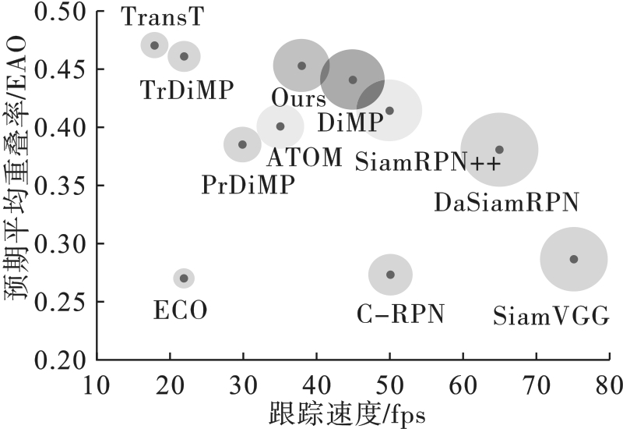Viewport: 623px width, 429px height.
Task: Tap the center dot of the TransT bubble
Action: pyautogui.click(x=154, y=45)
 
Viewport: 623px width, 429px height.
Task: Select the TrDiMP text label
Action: pyautogui.click(x=187, y=90)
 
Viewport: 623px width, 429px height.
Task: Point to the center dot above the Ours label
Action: pyautogui.click(x=302, y=66)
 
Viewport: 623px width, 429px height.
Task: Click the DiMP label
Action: pyautogui.click(x=351, y=122)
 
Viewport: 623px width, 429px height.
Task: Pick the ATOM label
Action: pyautogui.click(x=304, y=158)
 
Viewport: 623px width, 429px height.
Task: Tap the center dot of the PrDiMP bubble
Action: pyautogui.click(x=242, y=144)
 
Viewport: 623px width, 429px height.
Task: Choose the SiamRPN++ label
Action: pyautogui.click(x=428, y=162)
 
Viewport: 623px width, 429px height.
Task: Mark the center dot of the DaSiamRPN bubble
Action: pyautogui.click(x=499, y=149)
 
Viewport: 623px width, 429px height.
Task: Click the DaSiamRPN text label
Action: pyautogui.click(x=506, y=203)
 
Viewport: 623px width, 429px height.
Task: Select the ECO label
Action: pyautogui.click(x=181, y=312)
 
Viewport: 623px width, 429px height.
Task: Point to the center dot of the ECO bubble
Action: pyautogui.click(x=184, y=278)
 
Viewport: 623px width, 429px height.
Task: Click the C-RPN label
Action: pyautogui.click(x=400, y=314)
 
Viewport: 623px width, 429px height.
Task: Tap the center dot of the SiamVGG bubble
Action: pyautogui.click(x=574, y=259)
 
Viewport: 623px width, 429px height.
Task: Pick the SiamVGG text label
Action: pyautogui.click(x=552, y=317)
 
